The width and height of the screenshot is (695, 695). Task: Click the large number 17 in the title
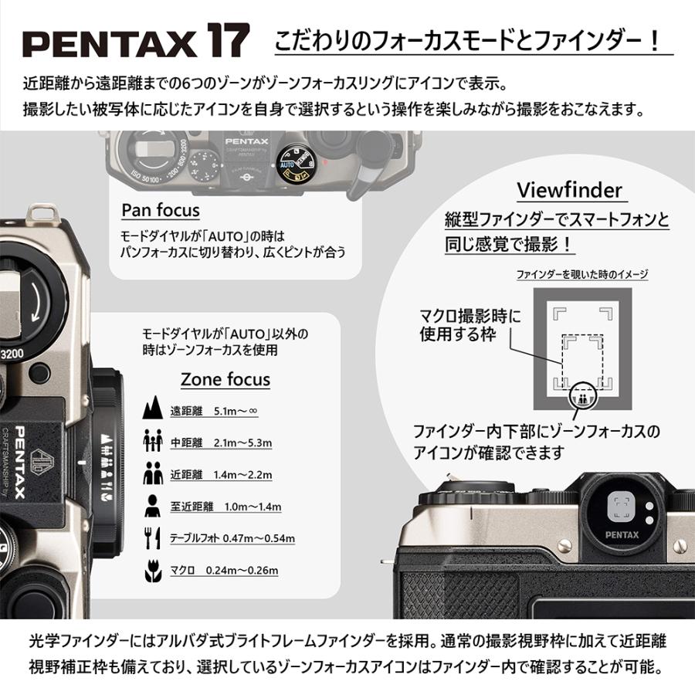pyautogui.click(x=228, y=40)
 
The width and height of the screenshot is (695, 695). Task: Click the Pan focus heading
pyautogui.click(x=161, y=210)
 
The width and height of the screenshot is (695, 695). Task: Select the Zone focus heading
pyautogui.click(x=225, y=379)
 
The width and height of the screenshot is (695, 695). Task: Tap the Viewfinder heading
pyautogui.click(x=570, y=191)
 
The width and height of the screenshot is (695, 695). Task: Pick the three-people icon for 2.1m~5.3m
pyautogui.click(x=153, y=440)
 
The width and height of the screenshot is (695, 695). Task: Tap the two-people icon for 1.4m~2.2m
pyautogui.click(x=153, y=473)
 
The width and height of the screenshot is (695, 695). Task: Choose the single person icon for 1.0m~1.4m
pyautogui.click(x=152, y=505)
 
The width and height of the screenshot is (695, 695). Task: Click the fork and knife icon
pyautogui.click(x=152, y=537)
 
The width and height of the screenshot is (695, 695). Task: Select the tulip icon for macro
pyautogui.click(x=153, y=571)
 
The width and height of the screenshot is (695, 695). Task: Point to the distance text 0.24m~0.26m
pyautogui.click(x=242, y=570)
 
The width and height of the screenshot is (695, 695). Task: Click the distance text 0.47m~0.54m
pyautogui.click(x=259, y=538)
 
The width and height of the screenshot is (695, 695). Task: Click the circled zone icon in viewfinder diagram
pyautogui.click(x=582, y=396)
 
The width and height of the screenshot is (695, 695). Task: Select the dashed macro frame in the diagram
pyautogui.click(x=582, y=361)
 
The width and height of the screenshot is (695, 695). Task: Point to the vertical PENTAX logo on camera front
pyautogui.click(x=20, y=463)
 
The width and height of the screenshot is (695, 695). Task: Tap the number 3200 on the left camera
pyautogui.click(x=12, y=354)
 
